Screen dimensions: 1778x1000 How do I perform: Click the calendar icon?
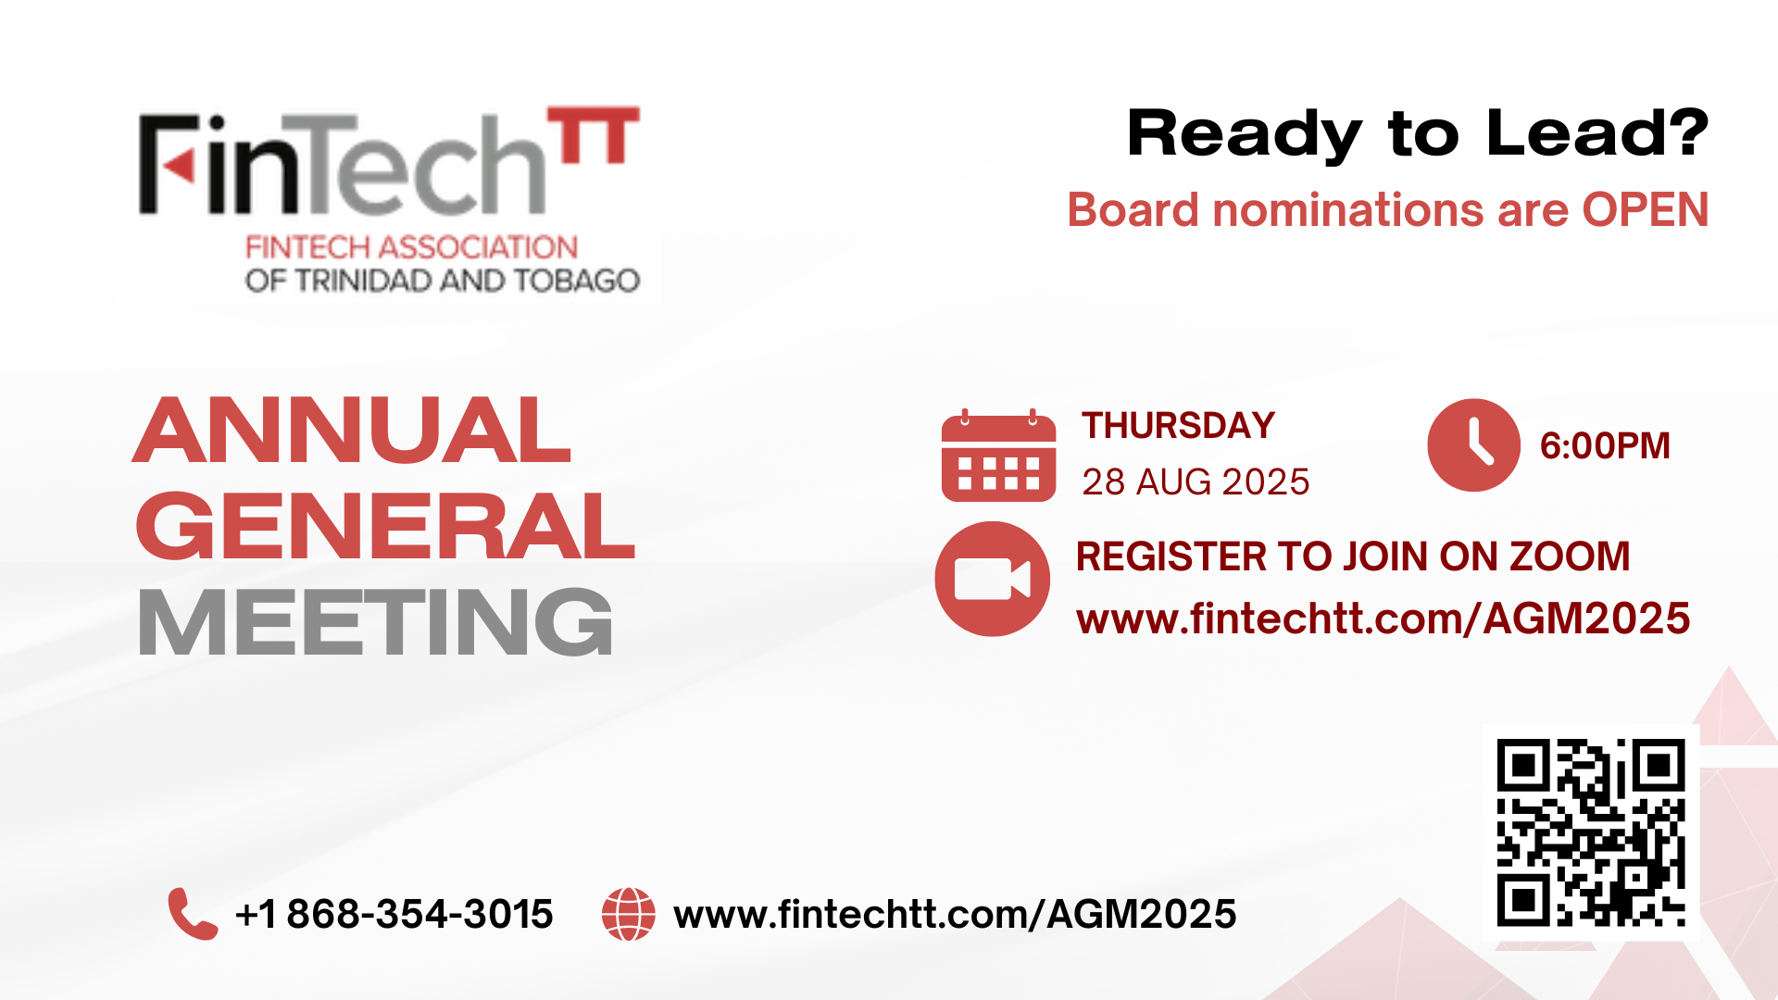(x=998, y=456)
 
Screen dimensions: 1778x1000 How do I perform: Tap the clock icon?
(x=1473, y=445)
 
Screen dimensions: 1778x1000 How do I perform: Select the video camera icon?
(x=992, y=579)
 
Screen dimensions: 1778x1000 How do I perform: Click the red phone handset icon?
(x=193, y=914)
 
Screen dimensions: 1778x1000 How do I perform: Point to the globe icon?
(x=629, y=915)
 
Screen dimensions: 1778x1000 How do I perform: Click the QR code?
(x=1591, y=832)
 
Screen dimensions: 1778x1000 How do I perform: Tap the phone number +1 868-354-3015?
(x=394, y=915)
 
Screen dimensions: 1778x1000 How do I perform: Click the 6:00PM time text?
(x=1605, y=446)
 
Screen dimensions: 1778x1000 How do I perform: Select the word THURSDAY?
(x=1179, y=426)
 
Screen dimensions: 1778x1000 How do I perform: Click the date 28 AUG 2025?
(x=1196, y=482)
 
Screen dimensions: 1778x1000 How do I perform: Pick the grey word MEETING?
(x=375, y=622)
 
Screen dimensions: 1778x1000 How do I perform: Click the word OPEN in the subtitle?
(x=1646, y=210)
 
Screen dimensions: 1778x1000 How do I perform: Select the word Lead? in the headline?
(x=1597, y=133)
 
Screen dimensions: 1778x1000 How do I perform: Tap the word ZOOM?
(x=1570, y=556)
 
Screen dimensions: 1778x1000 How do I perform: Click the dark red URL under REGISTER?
(x=1384, y=619)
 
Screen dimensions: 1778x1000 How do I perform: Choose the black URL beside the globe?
(x=955, y=915)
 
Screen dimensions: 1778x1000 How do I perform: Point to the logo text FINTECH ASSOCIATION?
(x=411, y=247)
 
